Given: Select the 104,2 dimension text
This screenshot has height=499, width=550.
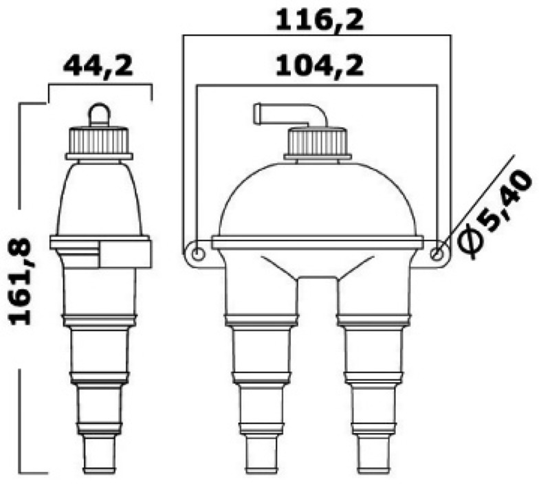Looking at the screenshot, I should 319,66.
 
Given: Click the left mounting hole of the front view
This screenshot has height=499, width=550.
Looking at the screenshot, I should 198,254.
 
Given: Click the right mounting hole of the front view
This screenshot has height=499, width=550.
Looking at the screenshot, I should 436,254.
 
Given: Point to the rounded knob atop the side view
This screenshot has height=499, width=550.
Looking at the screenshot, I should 99,114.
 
